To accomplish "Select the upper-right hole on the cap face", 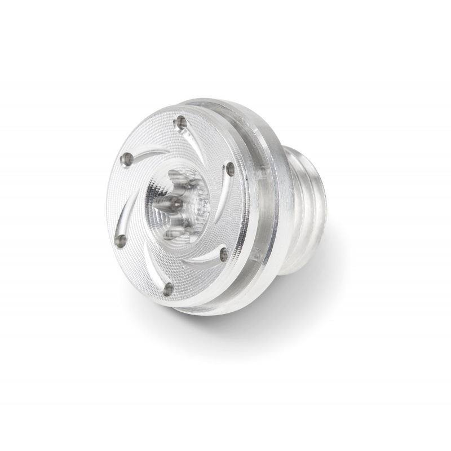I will pyautogui.click(x=229, y=167).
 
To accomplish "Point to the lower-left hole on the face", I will pyautogui.click(x=120, y=240).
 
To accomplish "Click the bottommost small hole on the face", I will pyautogui.click(x=167, y=289).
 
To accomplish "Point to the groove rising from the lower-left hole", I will pyautogui.click(x=122, y=217).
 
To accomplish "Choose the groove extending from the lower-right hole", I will pyautogui.click(x=203, y=259).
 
